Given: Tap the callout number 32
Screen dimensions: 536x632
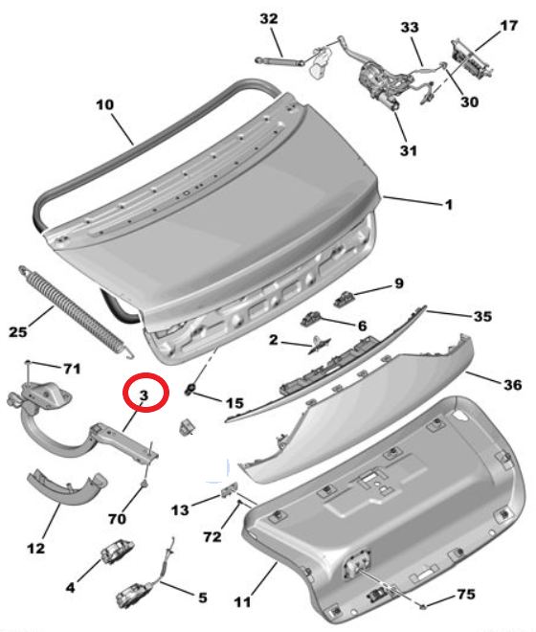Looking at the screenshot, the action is point(269,18).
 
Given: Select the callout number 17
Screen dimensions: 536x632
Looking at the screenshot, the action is point(508,26).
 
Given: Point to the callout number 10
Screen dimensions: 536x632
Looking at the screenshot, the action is point(104,104).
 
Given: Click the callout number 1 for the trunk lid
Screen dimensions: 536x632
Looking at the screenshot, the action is point(449,205).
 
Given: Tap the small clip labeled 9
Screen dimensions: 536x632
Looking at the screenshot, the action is point(344,299).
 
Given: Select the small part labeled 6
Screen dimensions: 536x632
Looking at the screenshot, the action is point(311,319).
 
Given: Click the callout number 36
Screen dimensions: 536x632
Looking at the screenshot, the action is point(513,385).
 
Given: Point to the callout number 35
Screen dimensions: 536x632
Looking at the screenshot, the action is point(482,316).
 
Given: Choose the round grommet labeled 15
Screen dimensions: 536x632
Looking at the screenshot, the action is point(190,389).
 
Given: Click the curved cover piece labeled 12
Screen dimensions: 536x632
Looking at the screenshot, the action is point(67,486).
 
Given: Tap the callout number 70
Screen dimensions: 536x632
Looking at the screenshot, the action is point(117,518).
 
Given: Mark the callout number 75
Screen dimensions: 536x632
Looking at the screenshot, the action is point(466,594).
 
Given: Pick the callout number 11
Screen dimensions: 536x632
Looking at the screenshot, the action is point(242,602).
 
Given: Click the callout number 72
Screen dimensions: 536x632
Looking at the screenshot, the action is point(212,537).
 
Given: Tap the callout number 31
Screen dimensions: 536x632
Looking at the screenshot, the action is point(409,150).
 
